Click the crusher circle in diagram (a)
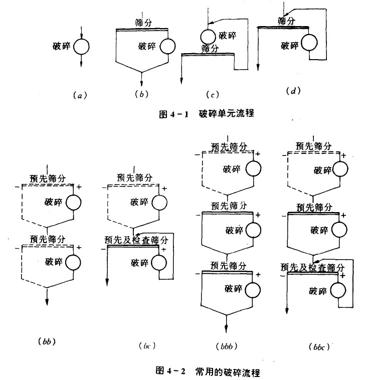82,47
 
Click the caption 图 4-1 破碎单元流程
207,114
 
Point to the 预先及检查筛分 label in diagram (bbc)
312,268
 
